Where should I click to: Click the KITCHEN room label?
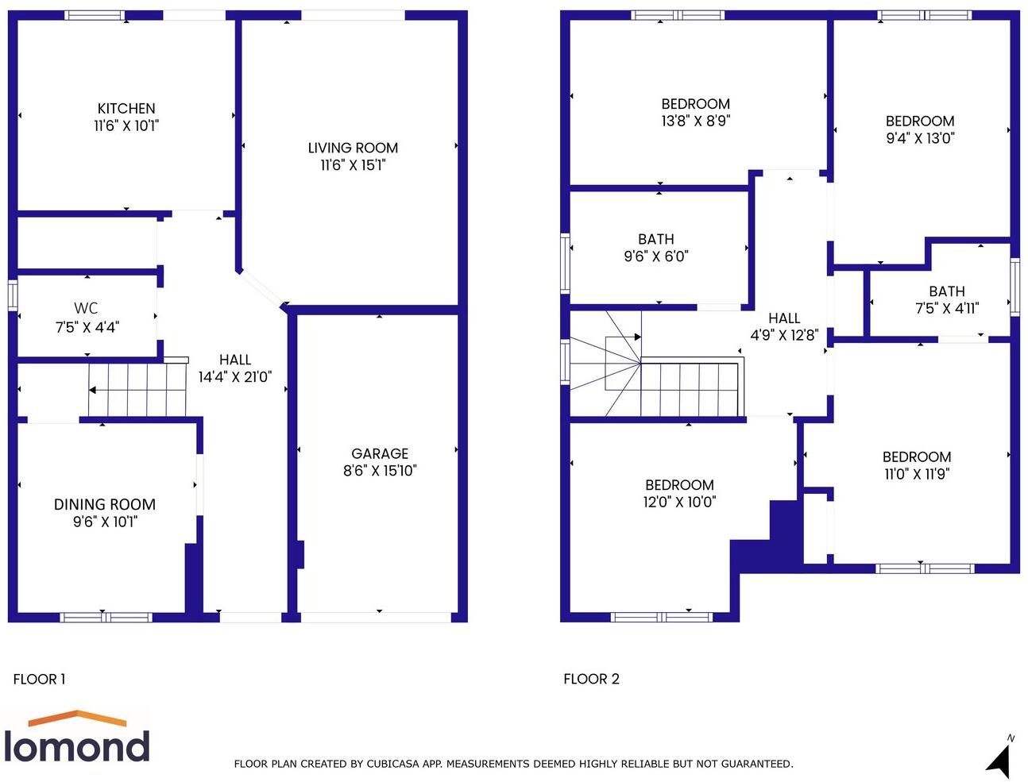tap(126, 109)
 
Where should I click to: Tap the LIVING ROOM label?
tap(353, 148)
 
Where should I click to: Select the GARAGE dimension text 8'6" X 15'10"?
tap(380, 471)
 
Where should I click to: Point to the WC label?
tap(86, 308)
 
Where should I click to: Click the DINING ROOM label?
tap(104, 504)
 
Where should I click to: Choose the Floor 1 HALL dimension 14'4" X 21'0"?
tap(235, 377)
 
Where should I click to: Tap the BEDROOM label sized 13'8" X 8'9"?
tap(695, 104)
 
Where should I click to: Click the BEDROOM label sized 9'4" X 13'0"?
tap(920, 121)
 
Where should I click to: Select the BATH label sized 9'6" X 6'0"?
tap(656, 239)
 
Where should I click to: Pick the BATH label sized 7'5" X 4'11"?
tap(947, 291)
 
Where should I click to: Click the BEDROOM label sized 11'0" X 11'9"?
tap(917, 456)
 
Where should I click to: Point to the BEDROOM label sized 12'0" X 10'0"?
tap(679, 485)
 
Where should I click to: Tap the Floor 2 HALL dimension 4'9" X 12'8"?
tap(784, 335)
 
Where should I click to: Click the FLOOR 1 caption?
tap(40, 679)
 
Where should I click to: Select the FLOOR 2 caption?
tap(591, 679)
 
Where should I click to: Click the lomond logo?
tap(76, 738)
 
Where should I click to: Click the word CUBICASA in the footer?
tap(396, 764)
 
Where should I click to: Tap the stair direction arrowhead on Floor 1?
tap(92, 390)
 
